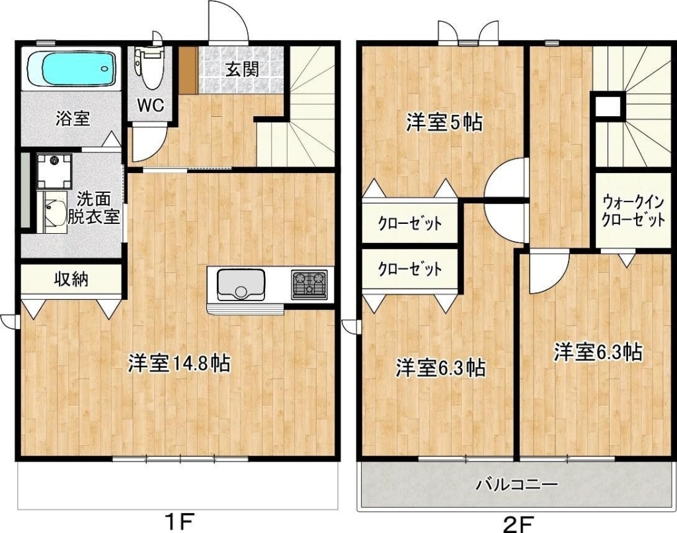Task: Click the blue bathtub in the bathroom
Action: click(x=73, y=69)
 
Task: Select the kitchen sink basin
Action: click(x=241, y=285)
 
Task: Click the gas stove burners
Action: click(x=309, y=284)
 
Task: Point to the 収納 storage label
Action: click(x=71, y=279)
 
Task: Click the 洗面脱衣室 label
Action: click(x=94, y=208)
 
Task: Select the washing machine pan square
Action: click(x=54, y=171)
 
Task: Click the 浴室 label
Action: click(x=73, y=118)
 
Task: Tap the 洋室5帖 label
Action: click(x=444, y=124)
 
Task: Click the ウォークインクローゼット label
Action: click(x=633, y=211)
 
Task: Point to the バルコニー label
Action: click(x=517, y=485)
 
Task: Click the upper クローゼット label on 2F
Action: click(x=410, y=223)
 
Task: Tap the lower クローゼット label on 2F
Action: click(x=410, y=269)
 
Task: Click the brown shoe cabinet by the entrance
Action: click(x=188, y=70)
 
